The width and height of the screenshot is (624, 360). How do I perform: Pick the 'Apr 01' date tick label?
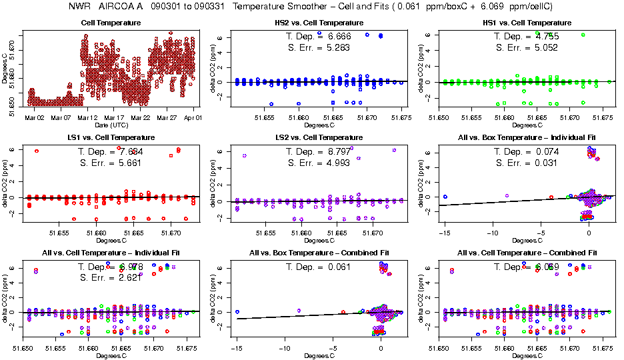click(193, 117)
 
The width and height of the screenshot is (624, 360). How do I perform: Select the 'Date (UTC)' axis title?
click(111, 125)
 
